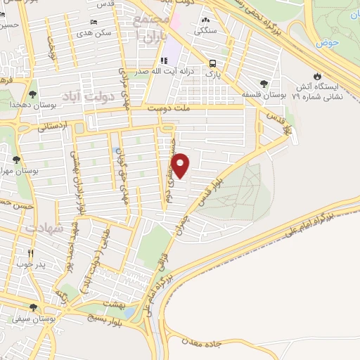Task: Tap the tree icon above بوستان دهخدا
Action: (33, 94)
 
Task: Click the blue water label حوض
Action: (328, 41)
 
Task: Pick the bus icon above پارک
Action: (211, 62)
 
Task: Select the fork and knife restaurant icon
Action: (30, 253)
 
